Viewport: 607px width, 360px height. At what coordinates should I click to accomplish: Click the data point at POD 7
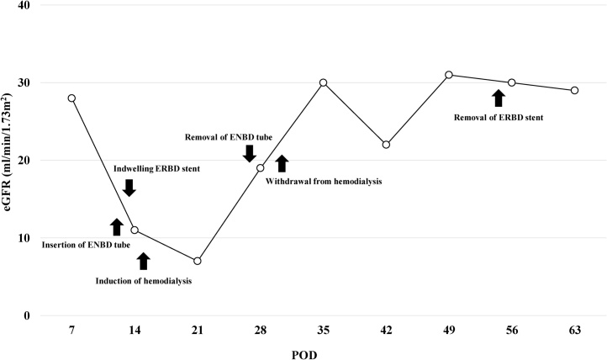[x=71, y=98]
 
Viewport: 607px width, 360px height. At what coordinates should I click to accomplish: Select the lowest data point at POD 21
[x=197, y=261]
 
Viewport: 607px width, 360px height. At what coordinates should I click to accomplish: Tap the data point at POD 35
[x=323, y=82]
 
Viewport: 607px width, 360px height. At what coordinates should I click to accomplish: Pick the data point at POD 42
[x=386, y=145]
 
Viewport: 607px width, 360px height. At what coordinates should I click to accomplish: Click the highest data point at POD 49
[x=449, y=75]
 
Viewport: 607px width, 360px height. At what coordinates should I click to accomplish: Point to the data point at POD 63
[x=575, y=90]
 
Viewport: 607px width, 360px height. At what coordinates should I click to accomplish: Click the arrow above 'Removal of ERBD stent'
[x=498, y=98]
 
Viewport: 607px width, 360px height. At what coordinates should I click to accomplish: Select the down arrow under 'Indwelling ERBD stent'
[x=129, y=188]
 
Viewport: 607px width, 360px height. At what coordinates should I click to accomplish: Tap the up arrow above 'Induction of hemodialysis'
[x=143, y=261]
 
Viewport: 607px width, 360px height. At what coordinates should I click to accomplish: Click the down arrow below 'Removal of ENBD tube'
[x=249, y=153]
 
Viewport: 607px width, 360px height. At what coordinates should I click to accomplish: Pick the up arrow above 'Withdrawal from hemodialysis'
[x=282, y=163]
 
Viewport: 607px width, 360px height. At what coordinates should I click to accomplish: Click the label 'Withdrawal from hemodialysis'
[x=324, y=180]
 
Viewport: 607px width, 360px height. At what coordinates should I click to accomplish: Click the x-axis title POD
[x=323, y=351]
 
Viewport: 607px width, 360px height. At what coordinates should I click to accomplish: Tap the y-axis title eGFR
[x=11, y=160]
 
